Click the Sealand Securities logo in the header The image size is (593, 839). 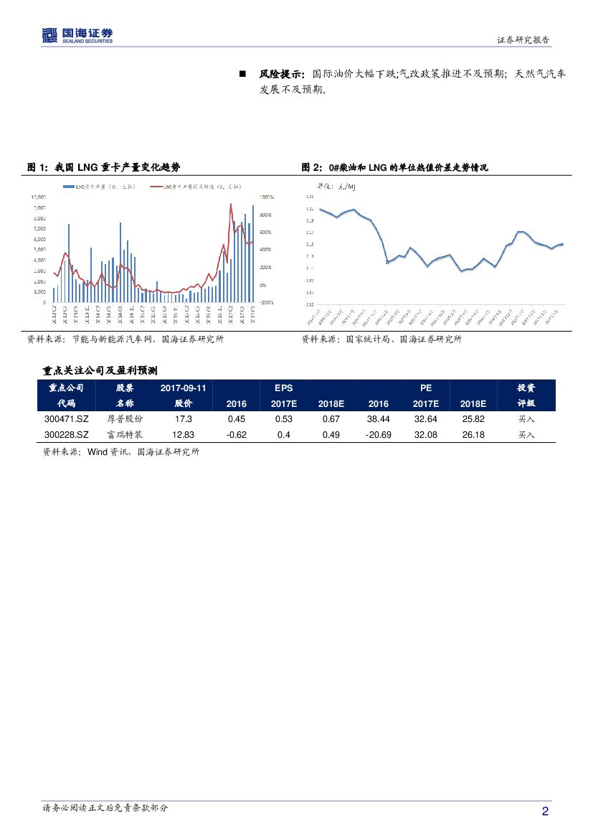point(77,35)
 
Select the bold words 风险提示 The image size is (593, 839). point(281,74)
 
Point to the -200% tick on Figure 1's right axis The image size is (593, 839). point(267,303)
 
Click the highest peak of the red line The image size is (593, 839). point(230,205)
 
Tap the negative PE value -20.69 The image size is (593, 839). point(378,435)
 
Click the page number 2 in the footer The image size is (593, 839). point(545,812)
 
